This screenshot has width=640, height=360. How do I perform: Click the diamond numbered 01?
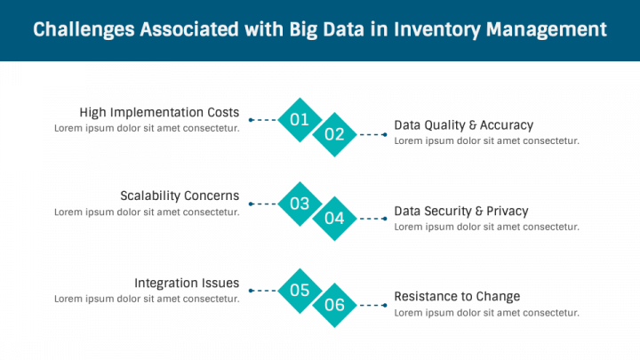click(x=300, y=120)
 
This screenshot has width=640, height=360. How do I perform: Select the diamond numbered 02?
click(x=335, y=134)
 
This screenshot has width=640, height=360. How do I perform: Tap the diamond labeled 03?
click(x=300, y=204)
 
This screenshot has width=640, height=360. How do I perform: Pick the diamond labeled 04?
click(x=335, y=219)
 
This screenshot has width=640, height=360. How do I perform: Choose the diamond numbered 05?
click(x=300, y=291)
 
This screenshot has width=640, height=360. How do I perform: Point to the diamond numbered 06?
click(x=335, y=305)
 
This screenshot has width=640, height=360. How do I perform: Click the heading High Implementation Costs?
click(x=159, y=112)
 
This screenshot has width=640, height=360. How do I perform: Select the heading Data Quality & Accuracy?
click(x=464, y=125)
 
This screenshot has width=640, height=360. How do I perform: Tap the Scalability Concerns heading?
click(x=180, y=196)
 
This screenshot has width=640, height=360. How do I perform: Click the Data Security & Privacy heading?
click(x=461, y=211)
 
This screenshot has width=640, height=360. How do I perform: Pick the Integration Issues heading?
click(x=187, y=283)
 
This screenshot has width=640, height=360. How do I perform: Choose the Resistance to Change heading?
click(x=457, y=296)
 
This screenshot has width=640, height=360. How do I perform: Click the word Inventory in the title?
click(x=436, y=30)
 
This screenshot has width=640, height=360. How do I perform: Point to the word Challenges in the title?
click(x=84, y=29)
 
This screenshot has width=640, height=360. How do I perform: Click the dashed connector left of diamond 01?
click(x=263, y=120)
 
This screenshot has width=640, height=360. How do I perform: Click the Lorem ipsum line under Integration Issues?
click(x=147, y=299)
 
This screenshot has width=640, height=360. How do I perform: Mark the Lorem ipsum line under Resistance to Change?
click(x=486, y=313)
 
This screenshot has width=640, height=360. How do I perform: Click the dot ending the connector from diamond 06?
click(x=385, y=305)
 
